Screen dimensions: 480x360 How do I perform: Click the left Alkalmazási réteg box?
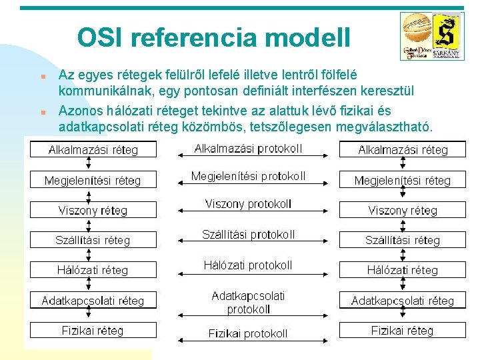pos(93,150)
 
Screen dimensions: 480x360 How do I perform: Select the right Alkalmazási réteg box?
pos(403,150)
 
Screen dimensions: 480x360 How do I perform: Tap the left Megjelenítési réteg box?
pos(93,180)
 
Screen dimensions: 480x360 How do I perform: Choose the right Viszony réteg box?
pos(403,210)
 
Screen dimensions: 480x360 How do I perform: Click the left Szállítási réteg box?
pos(93,240)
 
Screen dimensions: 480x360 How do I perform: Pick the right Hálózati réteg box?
pos(403,270)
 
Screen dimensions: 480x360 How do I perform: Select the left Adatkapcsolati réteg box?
pos(93,301)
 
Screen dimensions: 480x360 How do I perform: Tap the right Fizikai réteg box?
pos(403,330)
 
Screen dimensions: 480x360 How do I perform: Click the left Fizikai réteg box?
pos(93,330)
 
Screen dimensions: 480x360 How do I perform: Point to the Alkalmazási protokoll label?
pos(248,148)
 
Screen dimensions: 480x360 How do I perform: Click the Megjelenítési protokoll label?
pos(248,176)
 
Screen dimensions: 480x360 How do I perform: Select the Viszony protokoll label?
pos(248,204)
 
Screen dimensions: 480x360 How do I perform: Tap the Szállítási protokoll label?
pos(248,234)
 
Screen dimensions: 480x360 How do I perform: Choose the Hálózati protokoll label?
pos(248,265)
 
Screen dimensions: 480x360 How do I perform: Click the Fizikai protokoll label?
pos(248,333)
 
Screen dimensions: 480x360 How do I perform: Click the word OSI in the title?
pos(100,37)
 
